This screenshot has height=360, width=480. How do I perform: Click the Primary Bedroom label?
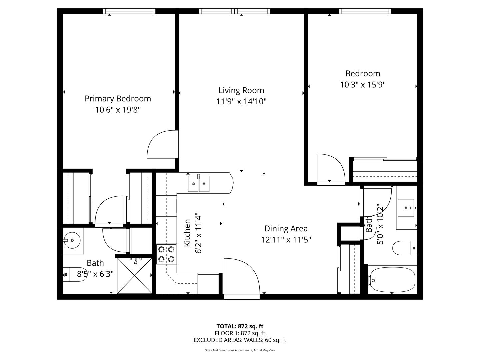118,99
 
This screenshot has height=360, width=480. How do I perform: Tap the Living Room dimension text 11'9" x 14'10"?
241,101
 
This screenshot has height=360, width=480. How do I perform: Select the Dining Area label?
286,229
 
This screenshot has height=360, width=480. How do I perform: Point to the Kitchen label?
187,233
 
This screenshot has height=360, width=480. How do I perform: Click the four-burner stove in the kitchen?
166,254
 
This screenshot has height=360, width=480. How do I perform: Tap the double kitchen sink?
199,184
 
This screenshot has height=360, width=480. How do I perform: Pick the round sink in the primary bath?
72,240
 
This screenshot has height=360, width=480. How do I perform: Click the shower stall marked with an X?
134,276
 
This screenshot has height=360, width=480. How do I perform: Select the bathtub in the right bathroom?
393,280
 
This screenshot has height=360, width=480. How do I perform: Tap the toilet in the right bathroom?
405,248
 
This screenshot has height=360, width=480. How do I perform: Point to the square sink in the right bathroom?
406,208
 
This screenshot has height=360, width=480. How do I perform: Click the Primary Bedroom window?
129,11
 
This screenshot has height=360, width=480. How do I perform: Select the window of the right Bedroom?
365,11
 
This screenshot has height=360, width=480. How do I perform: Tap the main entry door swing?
242,276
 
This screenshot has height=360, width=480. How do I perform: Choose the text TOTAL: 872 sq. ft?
240,326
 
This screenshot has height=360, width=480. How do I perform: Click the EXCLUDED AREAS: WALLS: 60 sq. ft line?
240,340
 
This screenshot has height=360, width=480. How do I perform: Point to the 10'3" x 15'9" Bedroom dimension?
363,85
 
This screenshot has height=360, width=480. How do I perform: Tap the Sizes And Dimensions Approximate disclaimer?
240,350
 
